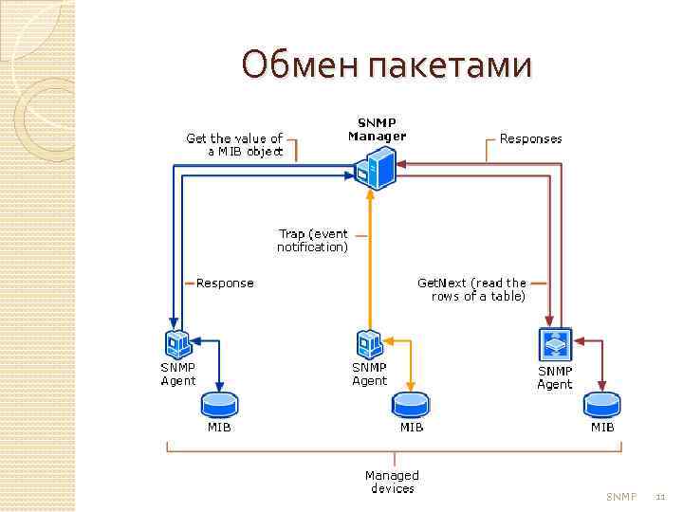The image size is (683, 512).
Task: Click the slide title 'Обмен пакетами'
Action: coord(387,65)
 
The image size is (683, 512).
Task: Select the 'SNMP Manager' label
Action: coord(377,129)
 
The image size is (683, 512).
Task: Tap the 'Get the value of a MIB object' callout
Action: coord(234,144)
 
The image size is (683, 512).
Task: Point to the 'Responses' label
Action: coord(530,138)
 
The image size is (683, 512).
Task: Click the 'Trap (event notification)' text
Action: coord(312,240)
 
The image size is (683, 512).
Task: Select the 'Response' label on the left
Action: coord(225,283)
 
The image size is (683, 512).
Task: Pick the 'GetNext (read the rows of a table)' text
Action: coord(471,289)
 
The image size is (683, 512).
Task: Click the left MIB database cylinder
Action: coord(220,404)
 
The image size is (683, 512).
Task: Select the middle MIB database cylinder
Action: coord(411,404)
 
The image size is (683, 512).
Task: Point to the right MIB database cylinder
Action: coord(602,404)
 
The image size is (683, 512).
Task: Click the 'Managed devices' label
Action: coord(392,482)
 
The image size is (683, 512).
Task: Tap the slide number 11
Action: coord(661,497)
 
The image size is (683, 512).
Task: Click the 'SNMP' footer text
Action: coord(621,497)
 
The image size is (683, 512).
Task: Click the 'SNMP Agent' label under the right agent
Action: coord(555,377)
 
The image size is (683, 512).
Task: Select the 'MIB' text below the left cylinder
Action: coord(219,427)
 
